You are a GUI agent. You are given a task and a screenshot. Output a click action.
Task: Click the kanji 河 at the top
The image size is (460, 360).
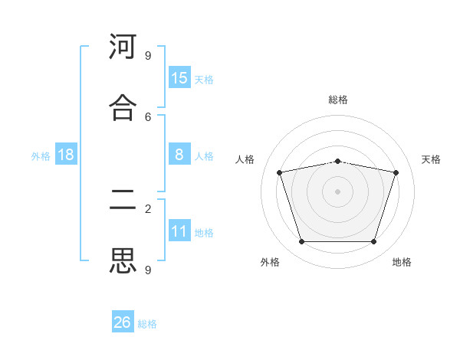123,46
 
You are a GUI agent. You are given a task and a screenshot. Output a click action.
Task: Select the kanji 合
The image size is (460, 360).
123,107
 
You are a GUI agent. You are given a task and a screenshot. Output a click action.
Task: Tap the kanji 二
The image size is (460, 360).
123,199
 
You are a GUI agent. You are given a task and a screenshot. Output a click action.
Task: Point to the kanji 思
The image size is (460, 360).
123,260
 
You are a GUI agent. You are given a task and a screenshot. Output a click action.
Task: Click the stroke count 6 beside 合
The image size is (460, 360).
148,117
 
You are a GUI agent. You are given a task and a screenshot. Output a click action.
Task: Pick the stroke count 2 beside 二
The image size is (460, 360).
148,209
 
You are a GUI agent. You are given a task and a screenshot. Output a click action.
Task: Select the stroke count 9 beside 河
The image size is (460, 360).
148,56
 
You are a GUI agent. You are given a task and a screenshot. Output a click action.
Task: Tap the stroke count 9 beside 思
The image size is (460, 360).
148,270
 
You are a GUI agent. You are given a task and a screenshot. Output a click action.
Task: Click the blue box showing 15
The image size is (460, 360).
179,77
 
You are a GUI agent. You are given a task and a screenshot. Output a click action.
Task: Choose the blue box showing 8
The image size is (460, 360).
179,154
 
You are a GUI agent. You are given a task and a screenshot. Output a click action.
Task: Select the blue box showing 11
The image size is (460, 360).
179,230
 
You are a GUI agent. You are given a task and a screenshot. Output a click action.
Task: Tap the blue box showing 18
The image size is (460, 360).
66,154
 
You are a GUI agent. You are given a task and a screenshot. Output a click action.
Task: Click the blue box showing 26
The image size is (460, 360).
123,321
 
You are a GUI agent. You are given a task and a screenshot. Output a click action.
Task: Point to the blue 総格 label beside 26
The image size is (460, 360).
147,324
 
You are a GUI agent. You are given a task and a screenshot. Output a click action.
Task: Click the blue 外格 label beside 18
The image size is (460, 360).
41,156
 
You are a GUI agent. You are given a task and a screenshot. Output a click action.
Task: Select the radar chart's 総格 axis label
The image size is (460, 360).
338,100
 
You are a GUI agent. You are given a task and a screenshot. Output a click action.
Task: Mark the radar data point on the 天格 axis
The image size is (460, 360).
396,172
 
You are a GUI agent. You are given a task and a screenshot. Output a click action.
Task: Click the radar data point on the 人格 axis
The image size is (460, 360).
280,172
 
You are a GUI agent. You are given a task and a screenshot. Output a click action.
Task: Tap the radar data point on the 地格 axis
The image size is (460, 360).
373,241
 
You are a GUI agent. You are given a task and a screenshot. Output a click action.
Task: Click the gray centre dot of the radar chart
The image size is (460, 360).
337,191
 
